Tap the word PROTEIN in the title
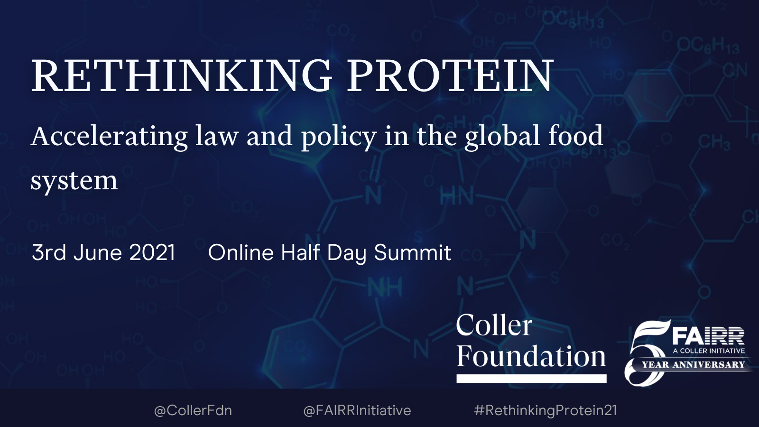pos(450,75)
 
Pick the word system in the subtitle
pos(74,181)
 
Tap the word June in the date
pos(98,252)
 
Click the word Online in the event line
pos(241,252)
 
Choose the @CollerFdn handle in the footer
pos(193,410)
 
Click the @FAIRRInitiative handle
pos(357,410)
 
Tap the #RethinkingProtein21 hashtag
pos(545,410)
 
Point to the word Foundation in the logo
pos(531,356)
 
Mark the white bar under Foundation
pos(531,379)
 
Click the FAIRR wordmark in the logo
pos(709,336)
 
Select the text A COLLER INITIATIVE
pos(709,351)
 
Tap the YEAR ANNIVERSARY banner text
pos(693,365)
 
